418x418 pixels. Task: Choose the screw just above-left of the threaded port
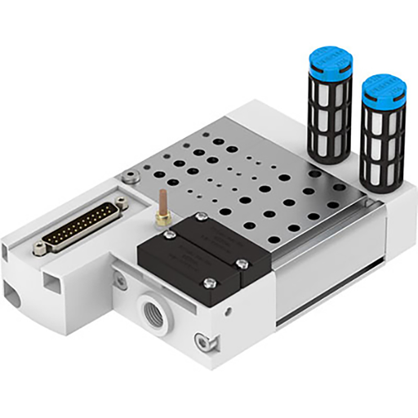122,282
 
